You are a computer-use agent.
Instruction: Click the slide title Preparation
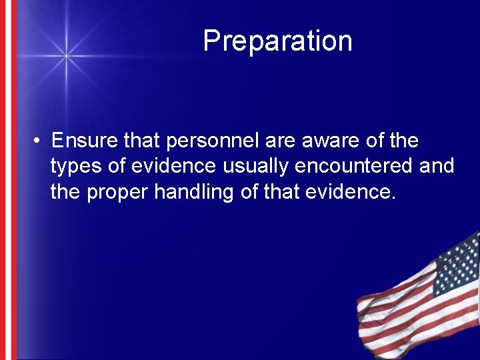click(x=277, y=41)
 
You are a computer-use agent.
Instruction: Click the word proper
click(x=118, y=193)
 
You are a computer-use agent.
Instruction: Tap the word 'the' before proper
click(x=66, y=192)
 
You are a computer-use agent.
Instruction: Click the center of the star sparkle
click(x=65, y=56)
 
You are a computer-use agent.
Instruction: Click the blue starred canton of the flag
click(x=457, y=263)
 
